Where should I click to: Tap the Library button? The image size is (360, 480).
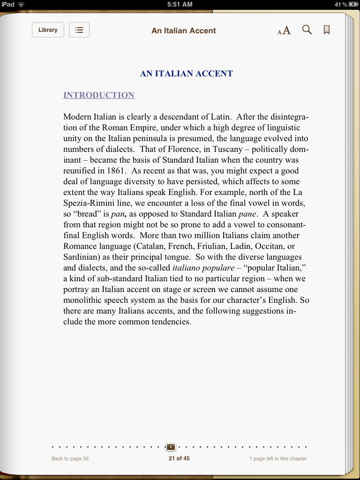(48, 30)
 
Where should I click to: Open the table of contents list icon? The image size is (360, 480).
(79, 30)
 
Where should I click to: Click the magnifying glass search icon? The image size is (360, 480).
(307, 30)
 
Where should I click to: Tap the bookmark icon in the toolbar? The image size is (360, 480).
(327, 30)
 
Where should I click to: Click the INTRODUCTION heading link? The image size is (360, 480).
(99, 95)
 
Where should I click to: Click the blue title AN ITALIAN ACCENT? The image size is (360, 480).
(186, 74)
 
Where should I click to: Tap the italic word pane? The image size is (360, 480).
(247, 214)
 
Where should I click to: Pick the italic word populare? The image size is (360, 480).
(217, 268)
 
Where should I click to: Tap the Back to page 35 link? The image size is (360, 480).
(70, 458)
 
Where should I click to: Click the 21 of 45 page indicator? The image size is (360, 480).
(179, 458)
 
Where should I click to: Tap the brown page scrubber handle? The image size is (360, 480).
(171, 447)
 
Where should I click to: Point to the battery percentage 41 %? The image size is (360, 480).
(341, 4)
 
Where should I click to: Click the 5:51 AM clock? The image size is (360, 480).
(180, 4)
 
